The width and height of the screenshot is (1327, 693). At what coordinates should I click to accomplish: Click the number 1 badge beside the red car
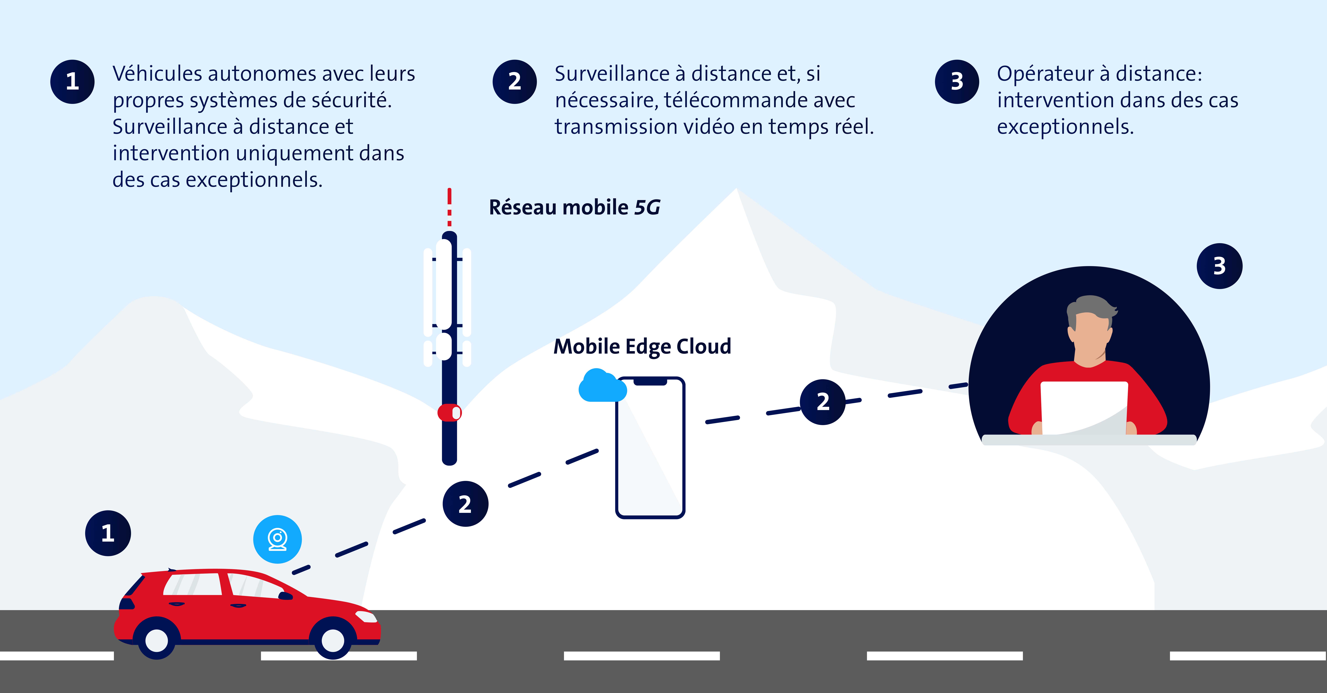108,533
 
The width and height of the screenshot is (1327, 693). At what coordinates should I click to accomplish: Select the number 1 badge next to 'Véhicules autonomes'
72,81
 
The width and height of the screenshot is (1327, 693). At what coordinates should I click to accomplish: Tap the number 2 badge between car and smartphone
465,504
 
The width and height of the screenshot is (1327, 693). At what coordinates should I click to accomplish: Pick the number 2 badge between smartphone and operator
823,402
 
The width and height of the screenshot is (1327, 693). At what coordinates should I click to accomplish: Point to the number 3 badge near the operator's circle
1219,266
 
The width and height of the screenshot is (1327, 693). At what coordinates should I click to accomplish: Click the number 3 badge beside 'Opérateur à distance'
957,81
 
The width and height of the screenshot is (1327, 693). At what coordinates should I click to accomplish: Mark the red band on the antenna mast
449,412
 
